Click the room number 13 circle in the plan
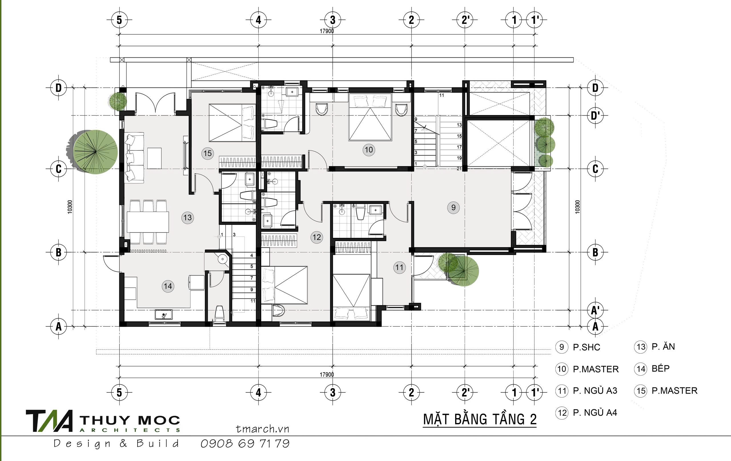188,217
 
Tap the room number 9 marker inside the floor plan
453,207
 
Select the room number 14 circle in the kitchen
168,286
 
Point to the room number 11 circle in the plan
399,268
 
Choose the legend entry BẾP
660,368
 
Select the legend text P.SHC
587,347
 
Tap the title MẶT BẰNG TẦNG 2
480,419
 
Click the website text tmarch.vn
263,429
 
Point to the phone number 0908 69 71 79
245,444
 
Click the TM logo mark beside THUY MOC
50,421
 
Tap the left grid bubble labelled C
59,169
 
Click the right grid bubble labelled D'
595,116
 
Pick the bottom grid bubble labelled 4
258,393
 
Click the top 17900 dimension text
327,31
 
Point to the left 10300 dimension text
70,207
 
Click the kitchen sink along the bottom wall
164,314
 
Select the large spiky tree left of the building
95,152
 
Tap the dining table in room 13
148,222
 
